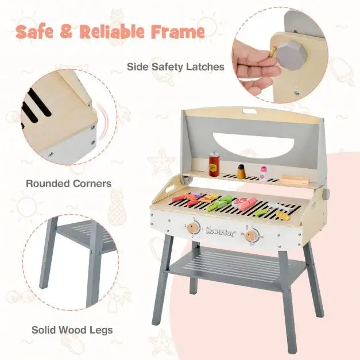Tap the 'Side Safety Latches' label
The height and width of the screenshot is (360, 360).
pos(175,67)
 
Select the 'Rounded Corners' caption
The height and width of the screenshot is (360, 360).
pos(69,184)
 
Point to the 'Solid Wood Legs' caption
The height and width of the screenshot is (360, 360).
pos(72,330)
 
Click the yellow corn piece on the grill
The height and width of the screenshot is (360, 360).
pos(283,215)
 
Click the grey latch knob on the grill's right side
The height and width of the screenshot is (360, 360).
pos(327,194)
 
